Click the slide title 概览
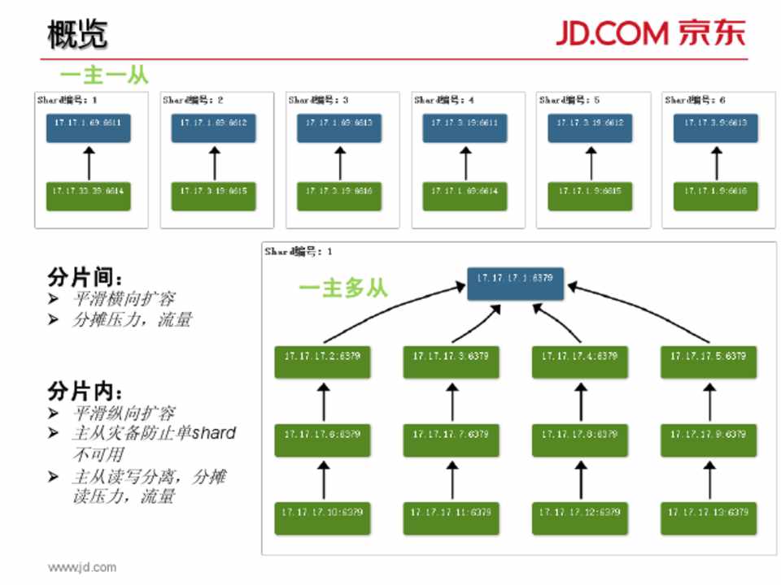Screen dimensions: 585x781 click(77, 34)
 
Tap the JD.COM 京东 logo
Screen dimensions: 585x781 click(651, 33)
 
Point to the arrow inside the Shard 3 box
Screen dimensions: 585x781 click(340, 162)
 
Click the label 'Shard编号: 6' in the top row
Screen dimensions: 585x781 click(696, 100)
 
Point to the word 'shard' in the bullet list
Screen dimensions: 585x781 click(213, 433)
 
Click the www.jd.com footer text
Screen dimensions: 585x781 click(81, 567)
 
